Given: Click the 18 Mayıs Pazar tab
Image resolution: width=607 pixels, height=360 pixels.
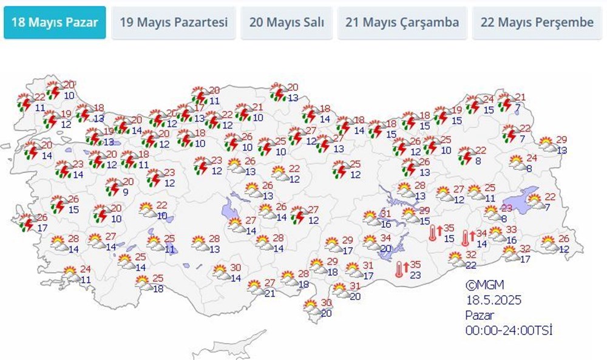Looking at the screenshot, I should (x=55, y=23).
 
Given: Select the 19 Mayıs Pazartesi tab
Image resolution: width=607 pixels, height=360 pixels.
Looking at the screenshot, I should (x=174, y=23).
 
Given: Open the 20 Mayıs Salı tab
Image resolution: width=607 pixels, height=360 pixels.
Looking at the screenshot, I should (x=287, y=23).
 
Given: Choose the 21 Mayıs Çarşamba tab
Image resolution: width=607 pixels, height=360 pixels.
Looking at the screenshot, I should (x=402, y=23).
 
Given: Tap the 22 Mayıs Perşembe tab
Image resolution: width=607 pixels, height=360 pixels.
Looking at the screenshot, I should (x=537, y=23).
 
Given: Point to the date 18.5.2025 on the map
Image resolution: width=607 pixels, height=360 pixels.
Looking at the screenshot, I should (x=494, y=300).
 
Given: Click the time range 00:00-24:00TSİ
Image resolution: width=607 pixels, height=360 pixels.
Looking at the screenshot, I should (x=509, y=330).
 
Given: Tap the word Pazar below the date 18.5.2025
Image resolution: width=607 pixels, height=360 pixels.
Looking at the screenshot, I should (x=480, y=314).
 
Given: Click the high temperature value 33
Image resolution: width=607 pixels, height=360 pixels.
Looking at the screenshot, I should (x=511, y=229).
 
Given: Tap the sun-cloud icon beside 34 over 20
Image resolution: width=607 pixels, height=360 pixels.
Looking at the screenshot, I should (x=370, y=241).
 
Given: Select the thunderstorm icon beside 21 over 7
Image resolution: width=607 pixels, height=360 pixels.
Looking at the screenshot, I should (x=505, y=103).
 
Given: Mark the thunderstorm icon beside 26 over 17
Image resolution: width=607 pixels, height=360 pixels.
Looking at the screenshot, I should (x=27, y=223).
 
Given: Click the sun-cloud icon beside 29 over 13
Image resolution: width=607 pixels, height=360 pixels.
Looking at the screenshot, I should (x=546, y=144).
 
